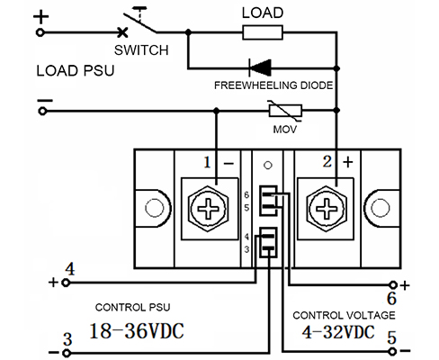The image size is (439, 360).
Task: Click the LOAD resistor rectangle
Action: tap(263, 32)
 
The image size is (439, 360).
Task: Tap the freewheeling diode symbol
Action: tap(260, 67)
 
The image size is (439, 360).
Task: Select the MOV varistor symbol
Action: tap(285, 111)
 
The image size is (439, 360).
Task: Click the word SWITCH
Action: tap(141, 50)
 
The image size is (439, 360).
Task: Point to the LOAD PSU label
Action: tap(76, 71)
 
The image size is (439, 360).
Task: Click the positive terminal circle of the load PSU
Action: tap(40, 32)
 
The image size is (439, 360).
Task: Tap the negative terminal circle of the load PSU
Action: tap(42, 112)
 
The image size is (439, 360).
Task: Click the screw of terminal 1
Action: tap(209, 208)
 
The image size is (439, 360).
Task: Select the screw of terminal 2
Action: tap(327, 208)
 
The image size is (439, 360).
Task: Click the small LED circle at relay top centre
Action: tap(268, 165)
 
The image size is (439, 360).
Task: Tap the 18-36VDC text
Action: tap(137, 331)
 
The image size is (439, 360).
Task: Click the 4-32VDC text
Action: tap(338, 332)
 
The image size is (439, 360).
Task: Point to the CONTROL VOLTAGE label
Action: tap(344, 315)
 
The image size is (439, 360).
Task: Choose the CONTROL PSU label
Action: tap(132, 307)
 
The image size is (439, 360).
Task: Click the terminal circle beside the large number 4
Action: tap(66, 283)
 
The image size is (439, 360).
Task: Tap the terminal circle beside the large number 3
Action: tap(67, 353)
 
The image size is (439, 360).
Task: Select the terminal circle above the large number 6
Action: tap(393, 284)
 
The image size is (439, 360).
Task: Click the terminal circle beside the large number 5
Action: tap(392, 351)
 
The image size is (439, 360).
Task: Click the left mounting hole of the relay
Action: tap(155, 208)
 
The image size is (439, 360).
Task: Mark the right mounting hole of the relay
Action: tap(381, 208)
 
